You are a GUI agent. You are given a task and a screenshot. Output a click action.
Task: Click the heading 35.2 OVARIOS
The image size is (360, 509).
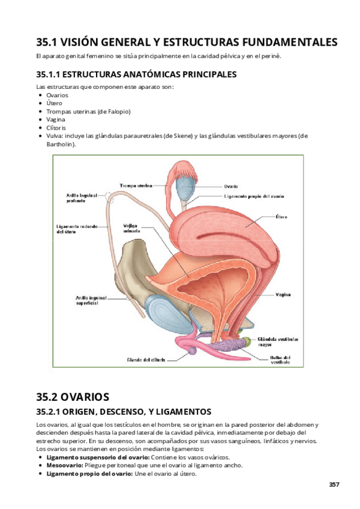click(73, 397)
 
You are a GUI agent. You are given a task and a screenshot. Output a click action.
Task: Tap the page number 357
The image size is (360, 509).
click(334, 484)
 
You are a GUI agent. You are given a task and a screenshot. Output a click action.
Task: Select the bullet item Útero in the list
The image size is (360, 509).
click(54, 103)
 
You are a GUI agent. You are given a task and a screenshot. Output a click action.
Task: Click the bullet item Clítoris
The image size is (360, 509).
click(56, 128)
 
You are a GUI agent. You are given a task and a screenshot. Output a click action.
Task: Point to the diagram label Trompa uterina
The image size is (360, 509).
click(136, 185)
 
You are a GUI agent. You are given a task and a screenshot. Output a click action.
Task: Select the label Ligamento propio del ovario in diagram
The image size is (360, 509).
click(254, 196)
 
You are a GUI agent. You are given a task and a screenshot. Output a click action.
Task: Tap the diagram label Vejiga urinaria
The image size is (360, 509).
click(131, 228)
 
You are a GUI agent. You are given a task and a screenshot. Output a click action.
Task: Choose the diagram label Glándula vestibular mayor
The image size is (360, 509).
click(274, 342)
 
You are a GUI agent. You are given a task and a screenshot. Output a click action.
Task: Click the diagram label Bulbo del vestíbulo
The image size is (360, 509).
click(280, 360)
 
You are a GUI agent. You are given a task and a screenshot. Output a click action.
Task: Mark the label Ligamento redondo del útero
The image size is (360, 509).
click(80, 229)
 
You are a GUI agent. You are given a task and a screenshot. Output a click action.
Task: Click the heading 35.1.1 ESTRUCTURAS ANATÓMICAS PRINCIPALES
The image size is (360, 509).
click(136, 74)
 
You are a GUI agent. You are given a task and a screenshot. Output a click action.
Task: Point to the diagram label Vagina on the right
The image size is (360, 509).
click(284, 295)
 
